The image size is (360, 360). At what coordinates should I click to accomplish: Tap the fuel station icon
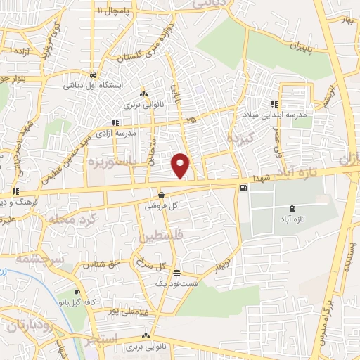pyautogui.click(x=243, y=188)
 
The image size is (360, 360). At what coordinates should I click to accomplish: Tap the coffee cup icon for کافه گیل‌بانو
pyautogui.click(x=77, y=292)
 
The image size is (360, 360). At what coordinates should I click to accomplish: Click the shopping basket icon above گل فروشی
pyautogui.click(x=162, y=196)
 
